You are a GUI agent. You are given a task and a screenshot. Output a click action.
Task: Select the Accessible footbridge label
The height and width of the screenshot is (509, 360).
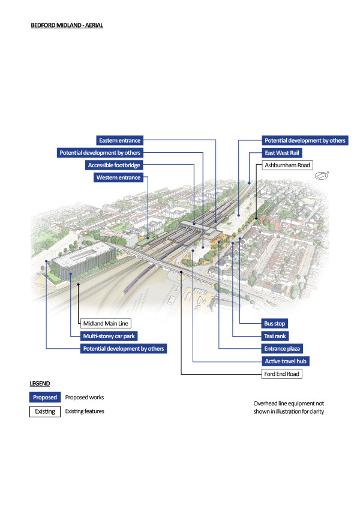pyautogui.click(x=115, y=165)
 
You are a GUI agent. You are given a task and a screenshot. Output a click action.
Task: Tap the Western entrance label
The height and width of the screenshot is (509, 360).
pyautogui.click(x=119, y=177)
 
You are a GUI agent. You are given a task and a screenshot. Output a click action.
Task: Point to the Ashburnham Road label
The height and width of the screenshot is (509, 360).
pyautogui.click(x=287, y=164)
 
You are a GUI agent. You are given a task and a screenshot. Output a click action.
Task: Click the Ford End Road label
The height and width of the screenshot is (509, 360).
pyautogui.click(x=282, y=374)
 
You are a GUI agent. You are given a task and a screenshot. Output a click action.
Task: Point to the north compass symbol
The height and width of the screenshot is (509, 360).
pyautogui.click(x=322, y=176)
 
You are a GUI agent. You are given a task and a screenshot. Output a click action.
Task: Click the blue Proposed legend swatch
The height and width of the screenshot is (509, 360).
pyautogui.click(x=45, y=397)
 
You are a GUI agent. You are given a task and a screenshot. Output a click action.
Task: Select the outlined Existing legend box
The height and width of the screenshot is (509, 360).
pyautogui.click(x=45, y=411)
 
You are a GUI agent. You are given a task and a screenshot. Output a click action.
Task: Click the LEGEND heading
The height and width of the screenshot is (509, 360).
pyautogui.click(x=40, y=382)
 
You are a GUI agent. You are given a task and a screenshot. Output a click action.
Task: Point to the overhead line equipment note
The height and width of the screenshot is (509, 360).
pyautogui.click(x=289, y=408)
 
